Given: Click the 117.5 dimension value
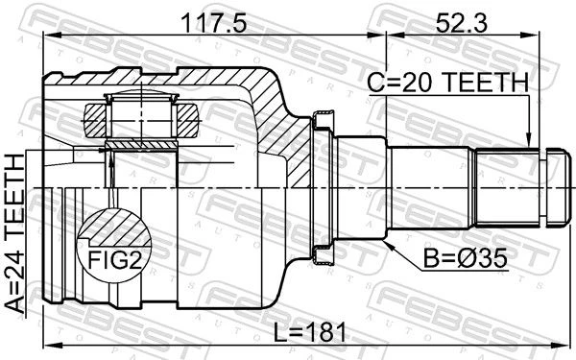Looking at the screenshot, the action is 214,23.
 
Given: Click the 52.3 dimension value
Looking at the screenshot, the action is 462,23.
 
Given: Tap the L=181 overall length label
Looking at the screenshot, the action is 310,332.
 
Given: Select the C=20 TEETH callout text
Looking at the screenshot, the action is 447,83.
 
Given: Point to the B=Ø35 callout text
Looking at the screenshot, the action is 465,258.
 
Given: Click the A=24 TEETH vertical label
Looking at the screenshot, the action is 15,233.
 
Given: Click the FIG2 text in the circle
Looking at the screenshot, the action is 114,260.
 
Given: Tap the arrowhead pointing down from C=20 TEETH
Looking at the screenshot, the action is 529,141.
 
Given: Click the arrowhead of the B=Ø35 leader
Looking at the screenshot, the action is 389,245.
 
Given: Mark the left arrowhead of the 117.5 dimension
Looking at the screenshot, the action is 52,35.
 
